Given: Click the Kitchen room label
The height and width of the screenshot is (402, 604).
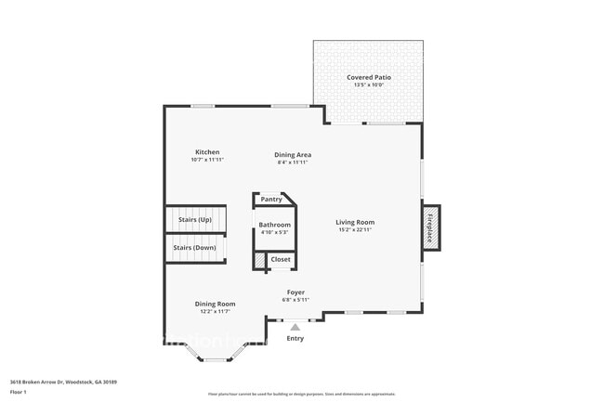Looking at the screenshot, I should click(x=206, y=152).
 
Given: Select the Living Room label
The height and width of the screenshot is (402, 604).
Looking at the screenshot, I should click(x=355, y=222).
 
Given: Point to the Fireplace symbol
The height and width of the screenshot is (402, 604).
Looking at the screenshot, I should click(x=431, y=226).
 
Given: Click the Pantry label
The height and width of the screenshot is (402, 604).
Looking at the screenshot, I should click(x=271, y=199).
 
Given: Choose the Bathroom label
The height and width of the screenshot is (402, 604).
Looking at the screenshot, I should click(x=274, y=225).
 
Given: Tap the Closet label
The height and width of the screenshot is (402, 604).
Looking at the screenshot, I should click(x=281, y=259).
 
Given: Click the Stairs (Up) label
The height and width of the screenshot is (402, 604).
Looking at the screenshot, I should click(x=194, y=219).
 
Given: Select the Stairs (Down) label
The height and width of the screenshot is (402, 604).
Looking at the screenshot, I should click(x=196, y=248).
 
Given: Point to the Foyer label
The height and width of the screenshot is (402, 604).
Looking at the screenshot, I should click(x=295, y=292).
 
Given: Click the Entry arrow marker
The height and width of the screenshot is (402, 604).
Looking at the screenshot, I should click(x=295, y=326).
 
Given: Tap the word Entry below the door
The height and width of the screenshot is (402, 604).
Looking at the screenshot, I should click(x=295, y=338).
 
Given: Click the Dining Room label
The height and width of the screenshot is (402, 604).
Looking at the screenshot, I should click(x=215, y=304).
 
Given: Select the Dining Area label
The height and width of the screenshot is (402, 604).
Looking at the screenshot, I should click(x=292, y=154).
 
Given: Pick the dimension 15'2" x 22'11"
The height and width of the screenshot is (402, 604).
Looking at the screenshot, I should click(x=355, y=229).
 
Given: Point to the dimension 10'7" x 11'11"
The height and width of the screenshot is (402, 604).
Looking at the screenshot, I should click(x=206, y=160).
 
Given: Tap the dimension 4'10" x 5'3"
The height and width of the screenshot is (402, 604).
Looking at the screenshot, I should click(x=274, y=232).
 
